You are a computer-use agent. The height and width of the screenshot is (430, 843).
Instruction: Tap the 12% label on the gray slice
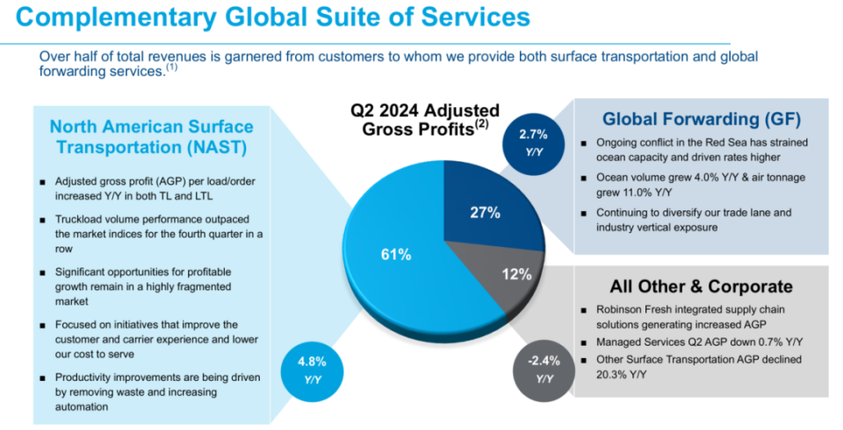point(517,273)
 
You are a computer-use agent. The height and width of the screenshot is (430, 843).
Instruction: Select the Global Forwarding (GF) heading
point(701,119)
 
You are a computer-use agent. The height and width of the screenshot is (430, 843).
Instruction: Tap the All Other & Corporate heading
point(701,287)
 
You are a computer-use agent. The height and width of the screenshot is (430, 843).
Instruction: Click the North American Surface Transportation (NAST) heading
point(151,136)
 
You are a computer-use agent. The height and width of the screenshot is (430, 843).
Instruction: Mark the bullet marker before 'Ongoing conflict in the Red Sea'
point(583,142)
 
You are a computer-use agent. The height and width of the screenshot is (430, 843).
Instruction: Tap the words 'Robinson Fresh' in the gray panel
point(630,310)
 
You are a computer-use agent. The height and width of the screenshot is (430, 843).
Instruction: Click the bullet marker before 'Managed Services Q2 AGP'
point(583,342)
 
